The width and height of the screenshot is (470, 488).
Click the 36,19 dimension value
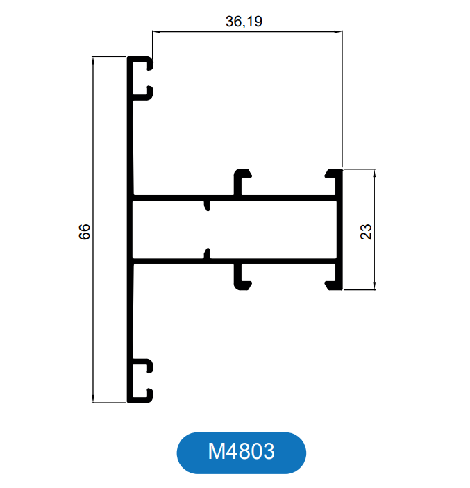click(x=244, y=22)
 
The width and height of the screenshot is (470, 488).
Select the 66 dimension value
click(x=85, y=232)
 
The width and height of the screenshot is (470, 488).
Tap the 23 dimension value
click(x=366, y=232)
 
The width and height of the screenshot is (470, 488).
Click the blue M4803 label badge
click(x=241, y=453)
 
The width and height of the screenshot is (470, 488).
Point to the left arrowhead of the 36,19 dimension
click(x=156, y=31)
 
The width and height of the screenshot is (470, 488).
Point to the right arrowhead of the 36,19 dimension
click(x=338, y=31)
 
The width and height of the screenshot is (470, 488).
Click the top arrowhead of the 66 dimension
click(x=93, y=61)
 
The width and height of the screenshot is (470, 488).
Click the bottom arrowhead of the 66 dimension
click(x=93, y=398)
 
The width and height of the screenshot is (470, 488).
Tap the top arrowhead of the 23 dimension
click(x=374, y=174)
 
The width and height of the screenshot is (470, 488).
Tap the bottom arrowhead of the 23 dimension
click(x=374, y=286)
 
